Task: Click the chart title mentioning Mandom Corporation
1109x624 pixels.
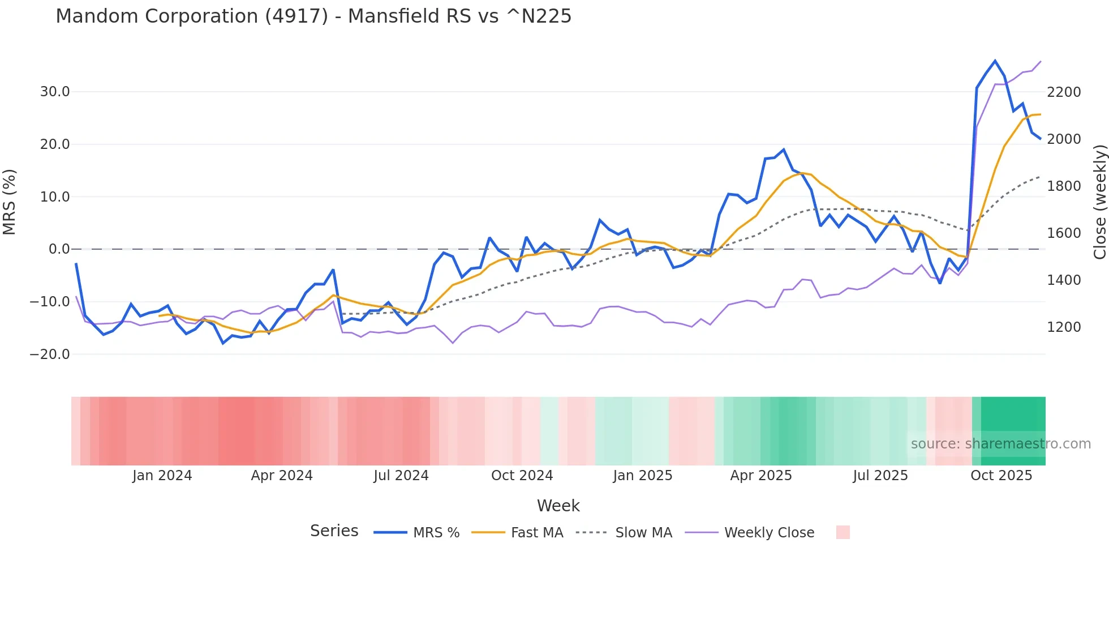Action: pyautogui.click(x=313, y=16)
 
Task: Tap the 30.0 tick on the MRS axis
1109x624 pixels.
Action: pyautogui.click(x=55, y=92)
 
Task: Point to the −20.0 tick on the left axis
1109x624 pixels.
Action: pyautogui.click(x=50, y=354)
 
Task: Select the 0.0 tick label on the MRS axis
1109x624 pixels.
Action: pyautogui.click(x=59, y=249)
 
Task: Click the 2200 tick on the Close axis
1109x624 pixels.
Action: pyautogui.click(x=1064, y=92)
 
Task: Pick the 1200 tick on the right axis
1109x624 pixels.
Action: pyautogui.click(x=1064, y=327)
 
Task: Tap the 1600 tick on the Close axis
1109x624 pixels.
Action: pyautogui.click(x=1064, y=233)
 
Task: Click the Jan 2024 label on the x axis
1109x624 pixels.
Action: pyautogui.click(x=162, y=476)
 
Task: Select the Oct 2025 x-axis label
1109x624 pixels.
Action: pyautogui.click(x=1001, y=476)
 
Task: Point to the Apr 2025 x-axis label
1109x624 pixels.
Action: pyautogui.click(x=761, y=476)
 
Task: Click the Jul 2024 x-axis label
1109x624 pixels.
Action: pyautogui.click(x=401, y=476)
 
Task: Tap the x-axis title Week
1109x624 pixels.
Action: pyautogui.click(x=558, y=506)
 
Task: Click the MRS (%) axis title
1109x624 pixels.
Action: pyautogui.click(x=10, y=202)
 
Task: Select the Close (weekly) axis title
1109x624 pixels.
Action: pyautogui.click(x=1099, y=202)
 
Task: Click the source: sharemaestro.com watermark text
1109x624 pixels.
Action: pyautogui.click(x=1000, y=444)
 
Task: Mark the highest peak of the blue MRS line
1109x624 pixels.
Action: pyautogui.click(x=995, y=61)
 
